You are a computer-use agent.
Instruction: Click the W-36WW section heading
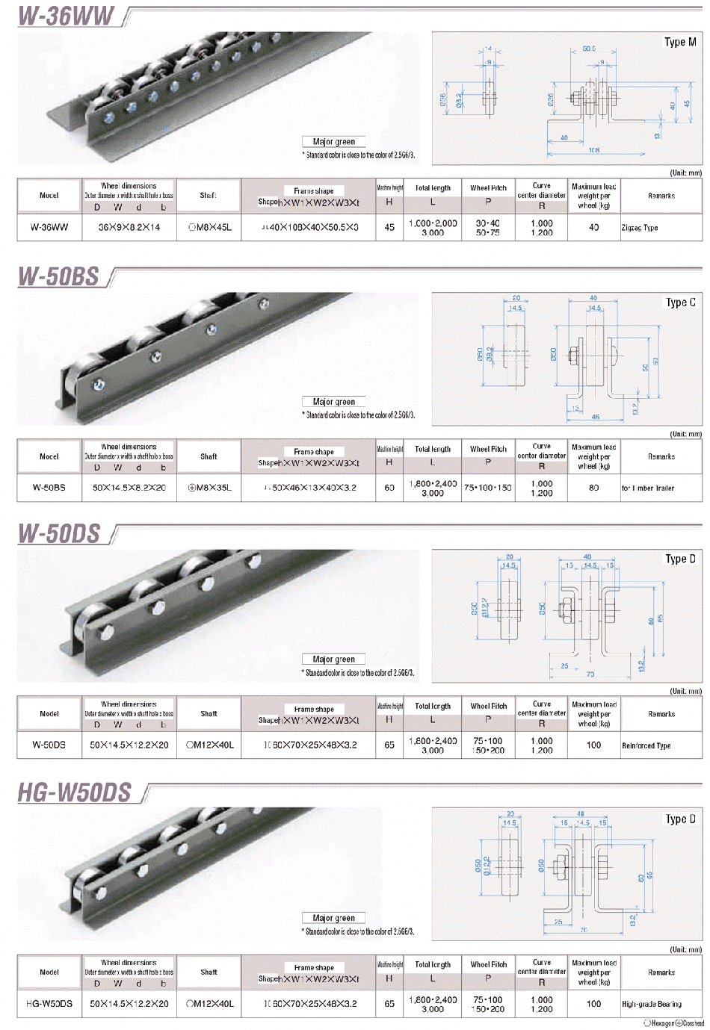pos(66,16)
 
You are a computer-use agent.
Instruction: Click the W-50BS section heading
pos(58,276)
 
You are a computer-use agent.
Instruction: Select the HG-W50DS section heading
pos(74,792)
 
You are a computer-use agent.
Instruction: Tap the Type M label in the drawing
pos(680,43)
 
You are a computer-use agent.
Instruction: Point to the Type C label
pos(680,303)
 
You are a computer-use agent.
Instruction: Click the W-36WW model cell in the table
pos(49,227)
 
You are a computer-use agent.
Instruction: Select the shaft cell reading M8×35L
pos(209,488)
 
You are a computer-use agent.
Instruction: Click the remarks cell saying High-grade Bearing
pos(651,1004)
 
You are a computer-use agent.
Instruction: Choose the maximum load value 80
pos(593,488)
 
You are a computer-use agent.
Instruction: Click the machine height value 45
pos(389,227)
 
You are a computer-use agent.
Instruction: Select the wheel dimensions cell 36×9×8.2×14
pos(129,227)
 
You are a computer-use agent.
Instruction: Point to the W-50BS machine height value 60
pos(389,488)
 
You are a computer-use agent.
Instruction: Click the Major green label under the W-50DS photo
pos(334,660)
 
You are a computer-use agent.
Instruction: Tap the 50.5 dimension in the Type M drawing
pos(589,49)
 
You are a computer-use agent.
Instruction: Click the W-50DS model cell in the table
pos(49,745)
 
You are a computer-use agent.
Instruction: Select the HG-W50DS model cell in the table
pos(49,1004)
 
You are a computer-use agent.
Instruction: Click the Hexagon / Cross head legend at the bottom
pos(673,1023)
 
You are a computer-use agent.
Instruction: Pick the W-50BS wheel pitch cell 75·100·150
pos(488,488)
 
